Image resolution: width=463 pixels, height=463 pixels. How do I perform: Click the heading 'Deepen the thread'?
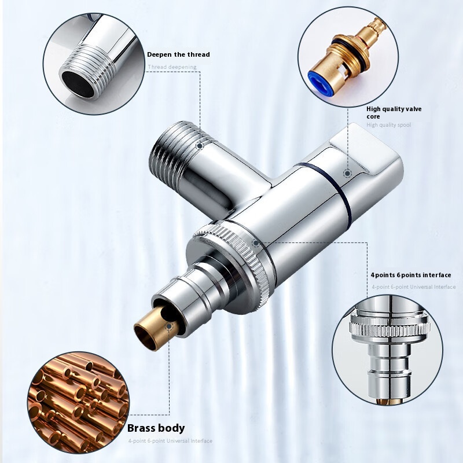click(x=178, y=54)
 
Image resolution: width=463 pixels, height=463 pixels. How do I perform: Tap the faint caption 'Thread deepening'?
click(x=172, y=67)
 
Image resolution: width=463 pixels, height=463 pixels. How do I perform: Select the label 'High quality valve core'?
click(x=394, y=112)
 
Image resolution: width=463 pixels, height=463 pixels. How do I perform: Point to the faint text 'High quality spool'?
click(x=388, y=125)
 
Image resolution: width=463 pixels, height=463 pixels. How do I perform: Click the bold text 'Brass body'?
click(x=156, y=428)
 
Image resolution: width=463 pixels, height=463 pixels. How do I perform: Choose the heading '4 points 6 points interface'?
click(x=411, y=275)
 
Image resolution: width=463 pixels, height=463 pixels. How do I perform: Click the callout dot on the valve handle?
click(x=348, y=173)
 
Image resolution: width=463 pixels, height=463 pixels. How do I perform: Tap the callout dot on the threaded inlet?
click(x=200, y=146)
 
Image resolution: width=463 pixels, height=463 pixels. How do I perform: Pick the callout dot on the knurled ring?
click(x=256, y=243)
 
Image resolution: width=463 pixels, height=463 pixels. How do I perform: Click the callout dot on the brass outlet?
click(x=169, y=326)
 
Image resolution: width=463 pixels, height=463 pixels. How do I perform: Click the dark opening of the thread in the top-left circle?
click(x=78, y=84)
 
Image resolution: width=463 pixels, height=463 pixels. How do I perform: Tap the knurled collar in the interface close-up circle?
click(x=389, y=328)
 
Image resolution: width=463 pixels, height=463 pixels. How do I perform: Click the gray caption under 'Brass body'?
click(x=170, y=441)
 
